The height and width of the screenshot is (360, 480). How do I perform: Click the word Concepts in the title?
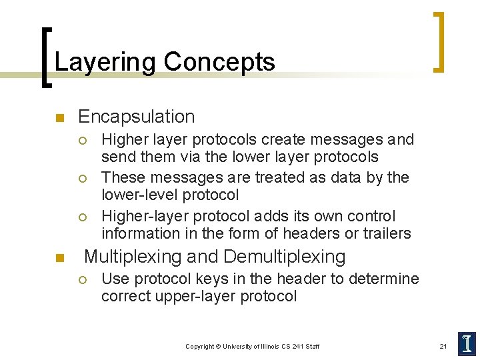(219, 62)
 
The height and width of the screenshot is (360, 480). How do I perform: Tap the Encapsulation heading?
(136, 117)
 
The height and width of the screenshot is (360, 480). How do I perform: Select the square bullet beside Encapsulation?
(58, 119)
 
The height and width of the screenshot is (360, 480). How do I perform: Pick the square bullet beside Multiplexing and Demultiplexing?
(58, 258)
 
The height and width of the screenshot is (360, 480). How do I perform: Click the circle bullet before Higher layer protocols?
(81, 141)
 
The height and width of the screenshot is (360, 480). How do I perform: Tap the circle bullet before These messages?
(81, 179)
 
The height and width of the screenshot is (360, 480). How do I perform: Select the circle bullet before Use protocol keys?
(81, 280)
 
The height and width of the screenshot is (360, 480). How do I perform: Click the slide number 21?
(443, 346)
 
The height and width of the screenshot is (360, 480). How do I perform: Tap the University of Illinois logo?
(467, 343)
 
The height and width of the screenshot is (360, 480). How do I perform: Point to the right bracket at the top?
(438, 41)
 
